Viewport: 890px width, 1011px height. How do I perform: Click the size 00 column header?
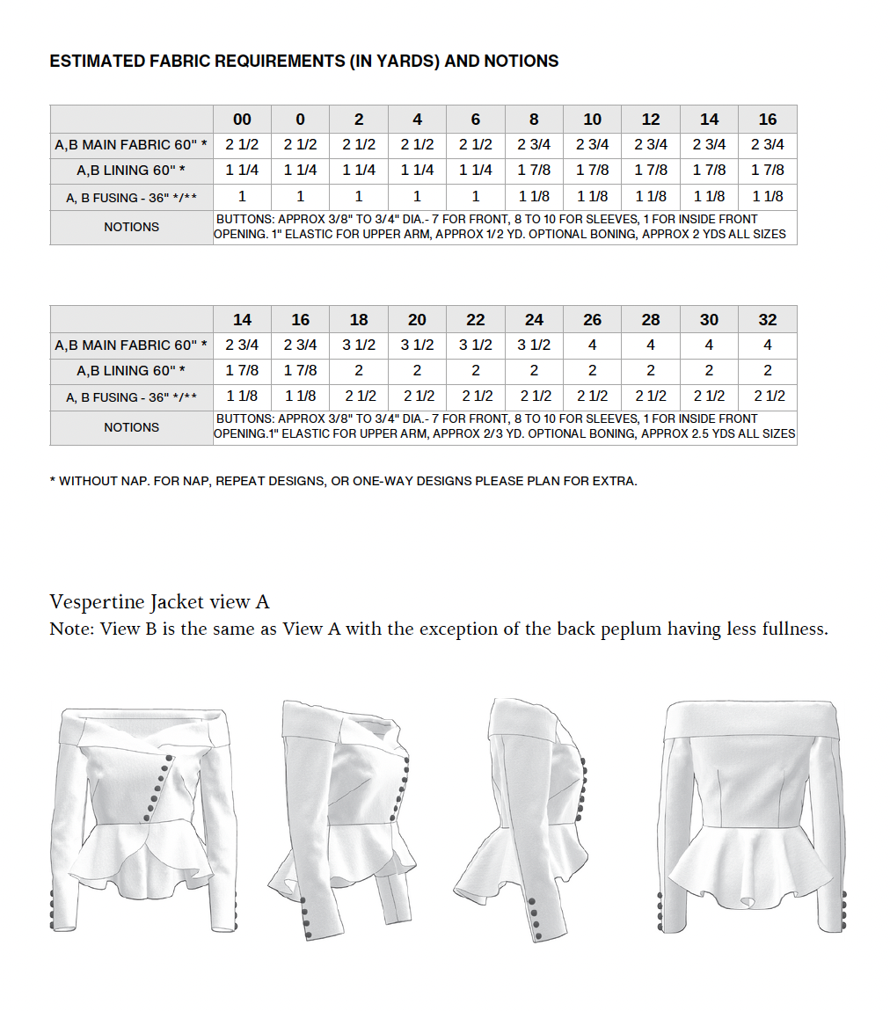click(242, 120)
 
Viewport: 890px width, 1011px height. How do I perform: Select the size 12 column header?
click(651, 120)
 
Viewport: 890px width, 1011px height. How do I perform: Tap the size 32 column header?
click(768, 320)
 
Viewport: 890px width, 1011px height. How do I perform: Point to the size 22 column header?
click(476, 320)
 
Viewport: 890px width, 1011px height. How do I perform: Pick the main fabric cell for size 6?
click(476, 145)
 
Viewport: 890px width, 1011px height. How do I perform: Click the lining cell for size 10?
click(593, 171)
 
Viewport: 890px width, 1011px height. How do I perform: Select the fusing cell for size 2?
click(359, 197)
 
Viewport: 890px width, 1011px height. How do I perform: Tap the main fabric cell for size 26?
click(593, 345)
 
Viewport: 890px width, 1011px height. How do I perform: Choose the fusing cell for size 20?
click(417, 397)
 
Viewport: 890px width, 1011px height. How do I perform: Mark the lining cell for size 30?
click(709, 371)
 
